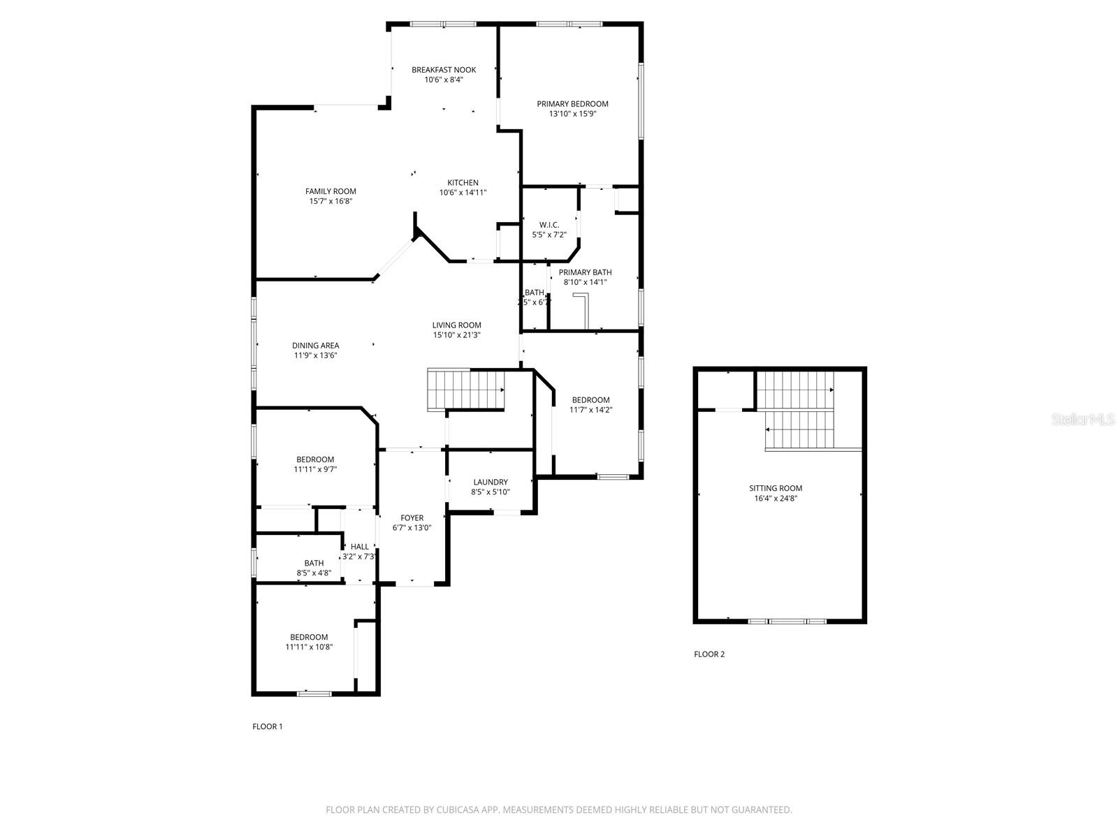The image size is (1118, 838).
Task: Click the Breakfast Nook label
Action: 444,70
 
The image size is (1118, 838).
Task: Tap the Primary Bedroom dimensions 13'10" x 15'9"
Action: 572,114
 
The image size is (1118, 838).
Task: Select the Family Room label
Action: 331,191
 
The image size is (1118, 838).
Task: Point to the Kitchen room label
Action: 463,183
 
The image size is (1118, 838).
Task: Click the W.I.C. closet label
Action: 549,225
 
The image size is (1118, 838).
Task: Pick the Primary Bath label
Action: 585,272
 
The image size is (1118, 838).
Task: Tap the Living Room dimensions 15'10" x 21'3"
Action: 456,335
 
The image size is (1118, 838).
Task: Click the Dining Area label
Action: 315,346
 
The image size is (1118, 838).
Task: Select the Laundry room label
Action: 490,482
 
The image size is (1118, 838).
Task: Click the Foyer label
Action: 412,518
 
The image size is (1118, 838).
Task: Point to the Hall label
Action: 359,547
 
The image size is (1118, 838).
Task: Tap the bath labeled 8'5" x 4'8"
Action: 314,568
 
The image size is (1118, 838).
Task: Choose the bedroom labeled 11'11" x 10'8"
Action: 309,642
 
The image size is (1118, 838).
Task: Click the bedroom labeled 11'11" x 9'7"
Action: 315,464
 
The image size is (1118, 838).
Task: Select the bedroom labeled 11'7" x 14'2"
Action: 590,405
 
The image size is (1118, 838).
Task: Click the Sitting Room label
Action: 776,488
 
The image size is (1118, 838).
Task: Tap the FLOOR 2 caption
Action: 709,654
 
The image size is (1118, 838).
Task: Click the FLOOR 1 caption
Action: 267,726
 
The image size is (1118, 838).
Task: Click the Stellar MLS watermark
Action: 1084,419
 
